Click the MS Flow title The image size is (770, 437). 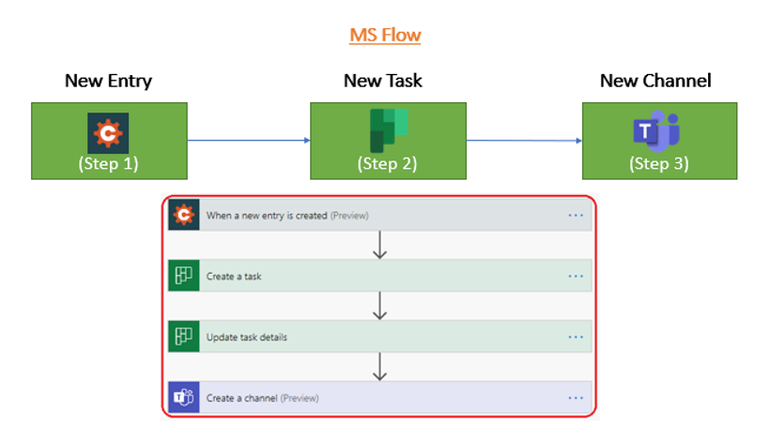point(385,36)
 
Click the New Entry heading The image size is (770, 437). point(108,81)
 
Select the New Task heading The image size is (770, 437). point(382,81)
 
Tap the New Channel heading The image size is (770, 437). point(655,81)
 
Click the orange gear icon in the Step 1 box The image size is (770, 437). point(108,132)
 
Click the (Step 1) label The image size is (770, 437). point(108,163)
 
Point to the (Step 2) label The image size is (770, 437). point(387,163)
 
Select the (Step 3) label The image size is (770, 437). point(658,163)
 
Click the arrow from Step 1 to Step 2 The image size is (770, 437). point(249,141)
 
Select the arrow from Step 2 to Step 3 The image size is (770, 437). point(523,141)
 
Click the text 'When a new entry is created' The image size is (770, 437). point(267,216)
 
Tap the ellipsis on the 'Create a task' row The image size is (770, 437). point(576,276)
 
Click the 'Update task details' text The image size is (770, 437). point(247,337)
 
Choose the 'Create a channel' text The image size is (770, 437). point(241,398)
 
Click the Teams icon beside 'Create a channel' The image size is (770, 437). point(182,398)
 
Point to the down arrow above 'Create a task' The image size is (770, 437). point(379,246)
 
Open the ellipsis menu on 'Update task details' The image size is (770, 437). point(576,337)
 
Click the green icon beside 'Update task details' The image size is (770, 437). point(182,337)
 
